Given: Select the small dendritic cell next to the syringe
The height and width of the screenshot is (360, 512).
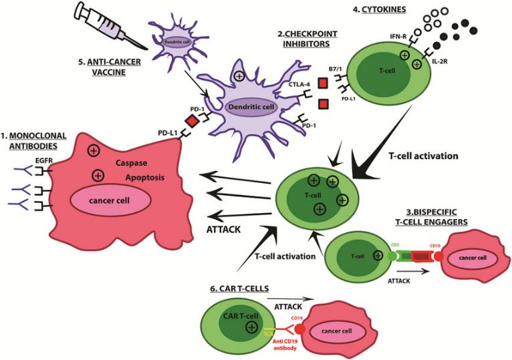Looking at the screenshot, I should (174, 41).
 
